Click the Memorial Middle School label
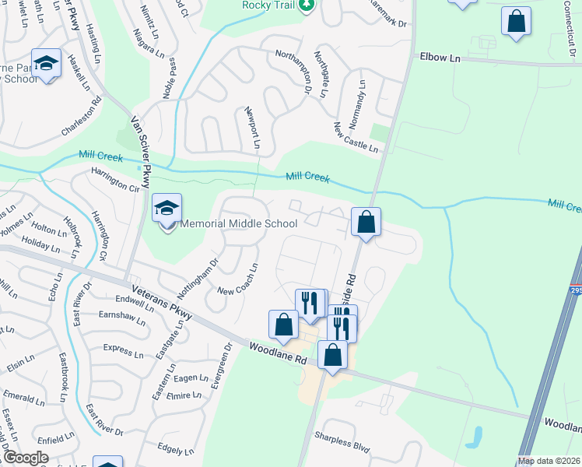click(x=239, y=224)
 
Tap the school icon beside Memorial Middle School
click(x=167, y=209)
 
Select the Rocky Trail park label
click(x=267, y=5)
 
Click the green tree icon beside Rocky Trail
click(x=308, y=5)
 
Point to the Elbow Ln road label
click(x=440, y=58)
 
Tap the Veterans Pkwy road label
click(x=162, y=297)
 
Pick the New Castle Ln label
click(x=355, y=138)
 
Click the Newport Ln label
click(x=251, y=128)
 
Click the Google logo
click(x=25, y=458)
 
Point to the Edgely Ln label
click(x=175, y=449)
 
